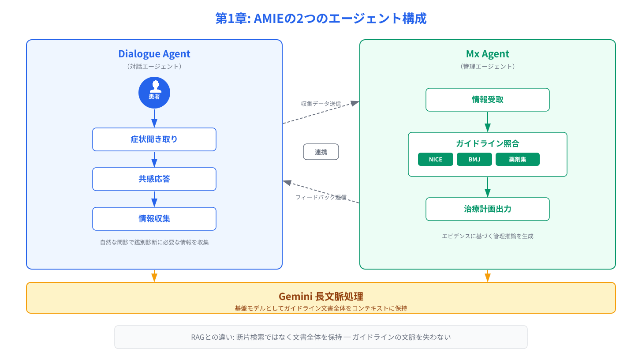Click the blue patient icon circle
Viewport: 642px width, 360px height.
coord(154,93)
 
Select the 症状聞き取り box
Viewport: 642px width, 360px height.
coord(154,139)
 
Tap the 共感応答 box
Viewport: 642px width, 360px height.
coord(154,179)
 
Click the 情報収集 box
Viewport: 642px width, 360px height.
coord(154,219)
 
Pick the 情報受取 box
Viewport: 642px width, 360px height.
coord(488,100)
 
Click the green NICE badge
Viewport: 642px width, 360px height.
coord(435,160)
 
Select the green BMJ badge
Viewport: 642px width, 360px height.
coord(474,160)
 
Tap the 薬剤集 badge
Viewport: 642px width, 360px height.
coord(518,160)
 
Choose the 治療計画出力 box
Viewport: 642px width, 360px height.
coord(488,209)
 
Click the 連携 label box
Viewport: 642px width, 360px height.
coord(321,152)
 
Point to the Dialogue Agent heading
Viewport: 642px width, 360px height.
coord(154,54)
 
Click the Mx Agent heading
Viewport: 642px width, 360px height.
coord(488,54)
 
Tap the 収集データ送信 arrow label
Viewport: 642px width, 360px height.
coord(321,104)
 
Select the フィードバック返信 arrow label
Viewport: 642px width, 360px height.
coord(321,197)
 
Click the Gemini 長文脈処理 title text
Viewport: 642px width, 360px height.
coord(321,296)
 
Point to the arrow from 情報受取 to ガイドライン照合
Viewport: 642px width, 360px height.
coord(488,122)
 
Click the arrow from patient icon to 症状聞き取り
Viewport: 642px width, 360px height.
coord(154,118)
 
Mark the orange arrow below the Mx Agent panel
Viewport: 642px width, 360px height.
coord(488,276)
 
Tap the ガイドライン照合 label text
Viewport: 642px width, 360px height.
coord(488,143)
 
